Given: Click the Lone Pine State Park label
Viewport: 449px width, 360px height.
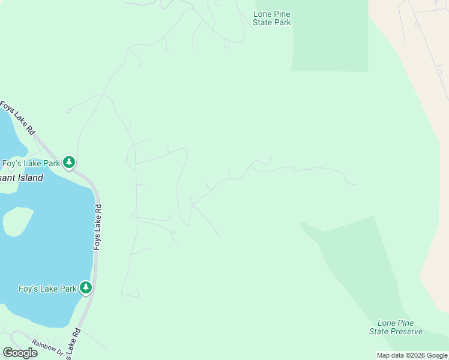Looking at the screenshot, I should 272,18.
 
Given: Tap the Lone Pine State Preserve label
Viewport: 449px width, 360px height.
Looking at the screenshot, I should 396,327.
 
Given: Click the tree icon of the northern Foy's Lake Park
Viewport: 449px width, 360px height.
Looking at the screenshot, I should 70,162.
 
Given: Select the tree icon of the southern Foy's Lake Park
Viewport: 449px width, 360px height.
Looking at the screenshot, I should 86,288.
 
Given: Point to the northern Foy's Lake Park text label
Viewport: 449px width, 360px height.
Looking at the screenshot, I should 31,163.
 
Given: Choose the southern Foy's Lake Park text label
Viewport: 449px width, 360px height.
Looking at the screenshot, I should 47,289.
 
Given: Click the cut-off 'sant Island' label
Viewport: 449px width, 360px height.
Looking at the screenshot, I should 22,178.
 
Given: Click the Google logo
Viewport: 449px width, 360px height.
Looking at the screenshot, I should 20,353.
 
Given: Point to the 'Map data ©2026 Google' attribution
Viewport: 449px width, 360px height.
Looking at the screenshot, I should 412,356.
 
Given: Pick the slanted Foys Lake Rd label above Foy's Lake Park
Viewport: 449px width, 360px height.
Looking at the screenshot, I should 19,118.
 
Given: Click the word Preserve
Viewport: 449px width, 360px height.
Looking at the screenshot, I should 407,331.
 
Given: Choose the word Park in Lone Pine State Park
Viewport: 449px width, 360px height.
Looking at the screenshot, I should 282,23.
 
